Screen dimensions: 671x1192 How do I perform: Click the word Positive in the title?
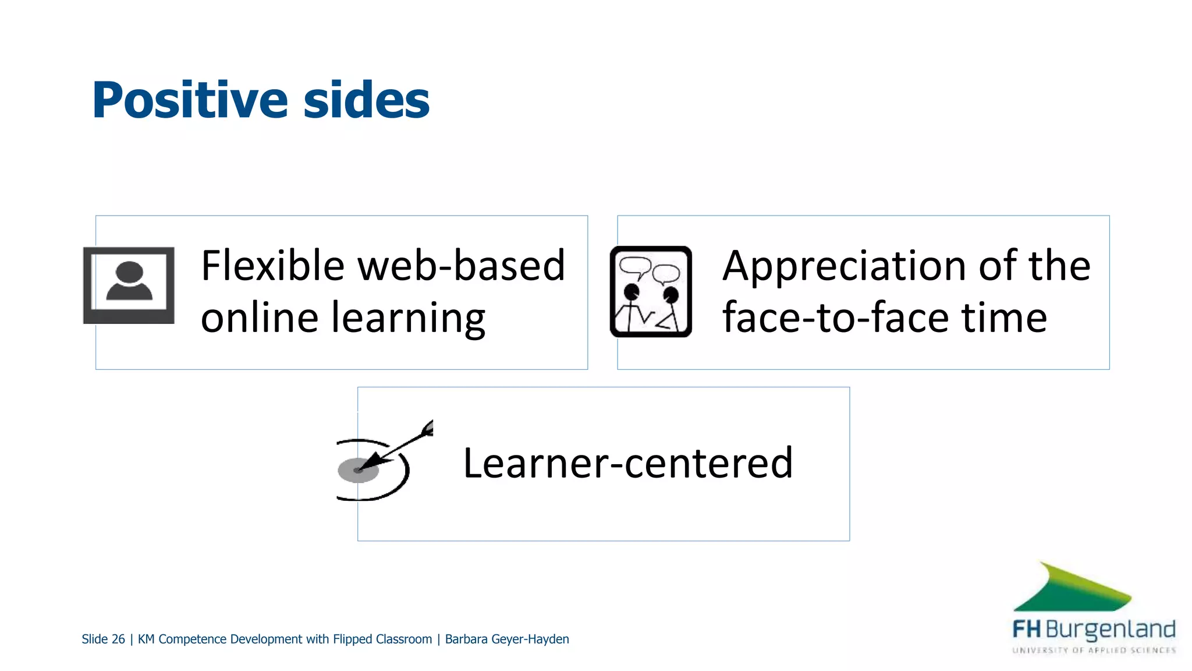pos(190,101)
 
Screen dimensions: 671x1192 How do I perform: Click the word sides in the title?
pos(366,101)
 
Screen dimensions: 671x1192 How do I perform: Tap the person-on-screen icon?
pos(129,285)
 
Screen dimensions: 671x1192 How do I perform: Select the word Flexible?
pos(272,266)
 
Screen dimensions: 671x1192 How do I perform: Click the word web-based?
pos(461,266)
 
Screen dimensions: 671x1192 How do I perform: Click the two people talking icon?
pos(651,291)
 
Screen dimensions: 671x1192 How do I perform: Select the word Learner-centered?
pos(627,464)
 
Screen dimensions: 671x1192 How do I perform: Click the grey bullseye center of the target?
pos(357,470)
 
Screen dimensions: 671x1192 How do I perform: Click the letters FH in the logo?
pos(1026,630)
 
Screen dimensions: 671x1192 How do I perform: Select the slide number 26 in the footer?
pos(118,640)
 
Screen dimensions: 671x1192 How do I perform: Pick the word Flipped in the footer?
pos(352,640)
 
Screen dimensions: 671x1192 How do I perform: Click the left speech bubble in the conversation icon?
pos(634,266)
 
